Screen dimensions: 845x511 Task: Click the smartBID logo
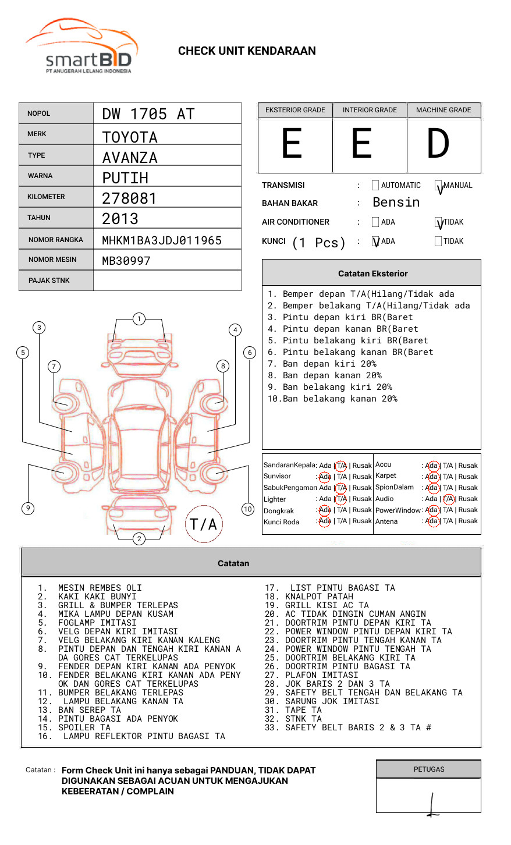(x=81, y=47)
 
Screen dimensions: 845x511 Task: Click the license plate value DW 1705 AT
(x=148, y=114)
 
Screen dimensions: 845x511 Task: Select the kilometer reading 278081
(x=129, y=198)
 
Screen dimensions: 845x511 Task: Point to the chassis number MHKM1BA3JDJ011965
(x=162, y=240)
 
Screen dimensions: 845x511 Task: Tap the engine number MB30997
(x=126, y=261)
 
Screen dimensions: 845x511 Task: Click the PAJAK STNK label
(x=49, y=281)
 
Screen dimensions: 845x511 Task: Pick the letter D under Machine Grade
(x=438, y=144)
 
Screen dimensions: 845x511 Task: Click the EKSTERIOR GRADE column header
(x=295, y=110)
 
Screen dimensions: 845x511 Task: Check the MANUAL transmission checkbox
(x=439, y=186)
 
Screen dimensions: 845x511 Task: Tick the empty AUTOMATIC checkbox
(x=375, y=186)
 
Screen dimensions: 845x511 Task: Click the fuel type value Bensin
(x=396, y=203)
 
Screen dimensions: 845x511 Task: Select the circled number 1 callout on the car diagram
(x=139, y=318)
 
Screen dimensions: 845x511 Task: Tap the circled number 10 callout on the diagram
(x=248, y=509)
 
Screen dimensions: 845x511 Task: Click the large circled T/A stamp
(x=204, y=524)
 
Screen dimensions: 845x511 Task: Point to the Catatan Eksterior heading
(x=372, y=274)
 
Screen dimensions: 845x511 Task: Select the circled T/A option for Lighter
(x=341, y=499)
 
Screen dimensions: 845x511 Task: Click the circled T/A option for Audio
(x=448, y=499)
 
